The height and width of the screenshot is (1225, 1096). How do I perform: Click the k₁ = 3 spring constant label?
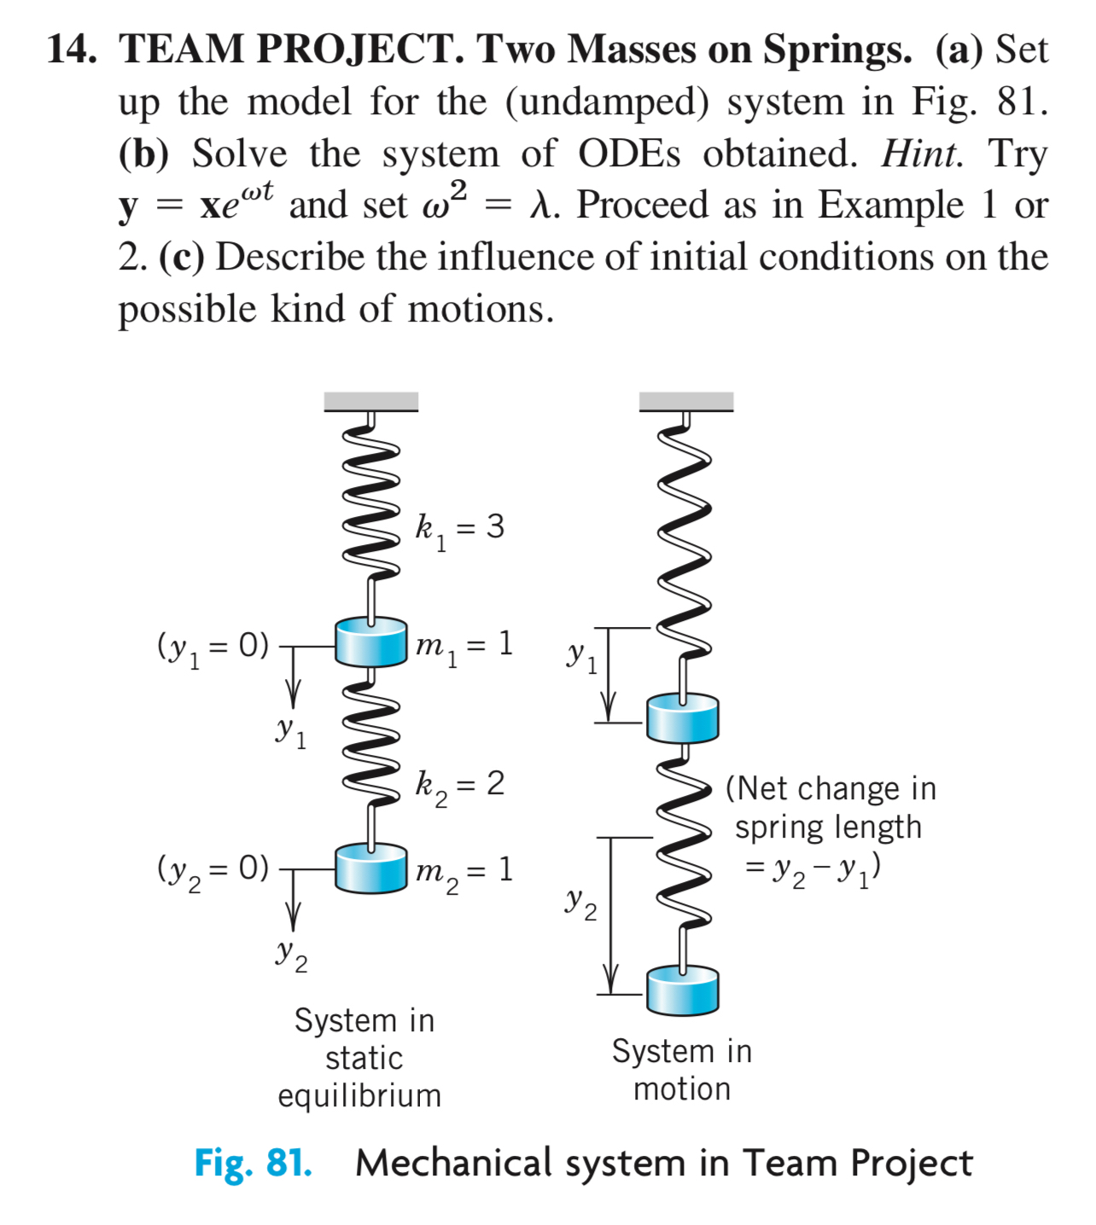[x=459, y=529]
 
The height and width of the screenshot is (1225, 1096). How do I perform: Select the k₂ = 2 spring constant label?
[x=459, y=786]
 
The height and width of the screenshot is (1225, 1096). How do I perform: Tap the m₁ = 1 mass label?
[x=463, y=646]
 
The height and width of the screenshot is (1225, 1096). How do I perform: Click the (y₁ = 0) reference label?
[x=213, y=647]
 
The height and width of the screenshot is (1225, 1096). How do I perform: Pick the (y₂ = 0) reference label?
[x=213, y=870]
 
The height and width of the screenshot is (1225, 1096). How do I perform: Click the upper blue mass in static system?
[x=370, y=642]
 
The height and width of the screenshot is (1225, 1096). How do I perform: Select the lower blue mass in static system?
[x=370, y=868]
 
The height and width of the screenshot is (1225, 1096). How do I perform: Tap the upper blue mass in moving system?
[x=682, y=717]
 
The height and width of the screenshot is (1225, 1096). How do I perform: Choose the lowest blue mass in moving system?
[x=682, y=990]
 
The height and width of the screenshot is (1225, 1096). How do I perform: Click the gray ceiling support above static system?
[x=370, y=401]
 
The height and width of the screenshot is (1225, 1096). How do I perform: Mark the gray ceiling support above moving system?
[x=685, y=401]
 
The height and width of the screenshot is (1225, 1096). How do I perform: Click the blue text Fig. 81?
[x=253, y=1163]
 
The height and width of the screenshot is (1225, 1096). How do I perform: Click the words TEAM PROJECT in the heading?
[x=291, y=49]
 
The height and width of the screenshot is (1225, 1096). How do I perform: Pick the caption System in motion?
[x=682, y=1070]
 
